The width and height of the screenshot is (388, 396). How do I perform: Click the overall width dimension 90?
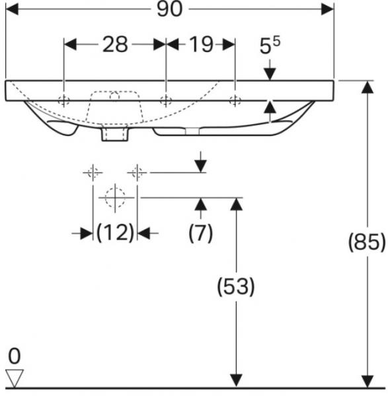point(169,9)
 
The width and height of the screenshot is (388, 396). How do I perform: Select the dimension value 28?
point(115,44)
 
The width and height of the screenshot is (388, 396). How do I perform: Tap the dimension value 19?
point(201,44)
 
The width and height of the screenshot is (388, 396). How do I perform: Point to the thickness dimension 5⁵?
point(270,45)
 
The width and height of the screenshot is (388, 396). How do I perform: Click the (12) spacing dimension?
point(115,232)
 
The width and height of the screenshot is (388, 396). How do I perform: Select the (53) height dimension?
point(236,286)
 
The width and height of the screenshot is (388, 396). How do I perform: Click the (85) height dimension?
point(367,242)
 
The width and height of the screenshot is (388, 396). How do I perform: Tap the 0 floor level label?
point(14,356)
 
